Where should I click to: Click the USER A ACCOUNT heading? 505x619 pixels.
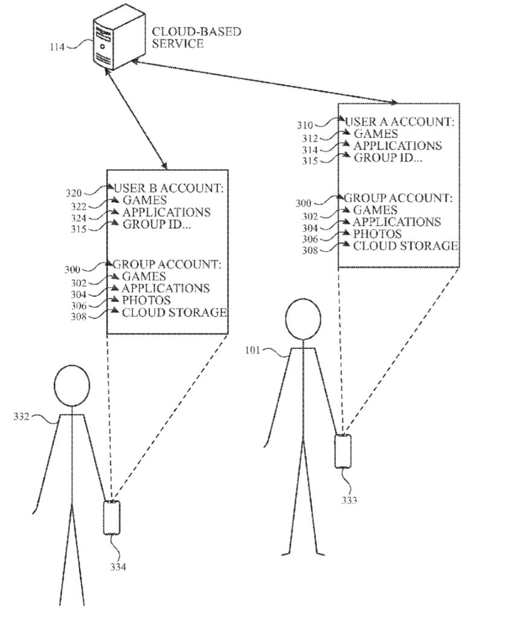[399, 122]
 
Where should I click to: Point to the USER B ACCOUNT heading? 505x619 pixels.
[169, 189]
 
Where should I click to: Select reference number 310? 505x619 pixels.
[304, 126]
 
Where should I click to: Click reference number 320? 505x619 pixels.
[74, 193]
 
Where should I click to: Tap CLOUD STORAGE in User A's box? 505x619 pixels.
[405, 245]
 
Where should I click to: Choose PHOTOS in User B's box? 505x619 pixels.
[146, 300]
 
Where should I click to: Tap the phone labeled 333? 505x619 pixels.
[343, 450]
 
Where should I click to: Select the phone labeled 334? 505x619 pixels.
[112, 517]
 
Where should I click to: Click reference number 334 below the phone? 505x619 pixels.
[118, 566]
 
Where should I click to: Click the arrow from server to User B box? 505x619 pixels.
[136, 118]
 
